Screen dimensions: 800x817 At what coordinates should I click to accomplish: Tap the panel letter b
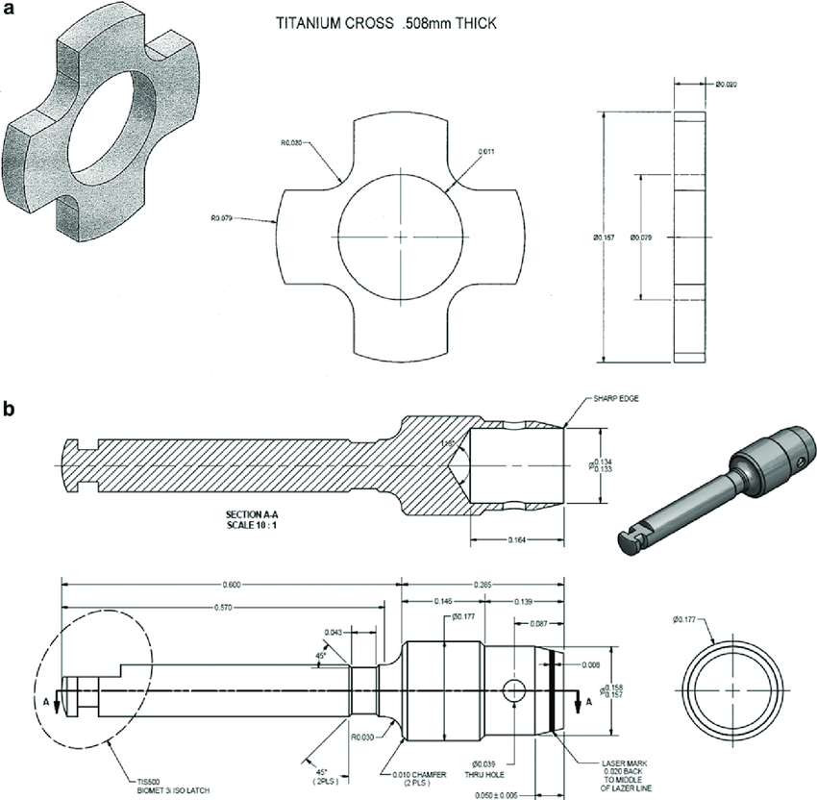click(9, 409)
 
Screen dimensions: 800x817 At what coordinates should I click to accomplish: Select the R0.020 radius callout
click(292, 142)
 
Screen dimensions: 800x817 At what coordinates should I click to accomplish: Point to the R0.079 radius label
click(223, 217)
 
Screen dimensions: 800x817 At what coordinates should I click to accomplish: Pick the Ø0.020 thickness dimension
click(727, 86)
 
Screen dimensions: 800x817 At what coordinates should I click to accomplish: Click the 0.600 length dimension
click(229, 584)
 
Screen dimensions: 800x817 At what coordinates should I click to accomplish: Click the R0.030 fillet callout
click(362, 738)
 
